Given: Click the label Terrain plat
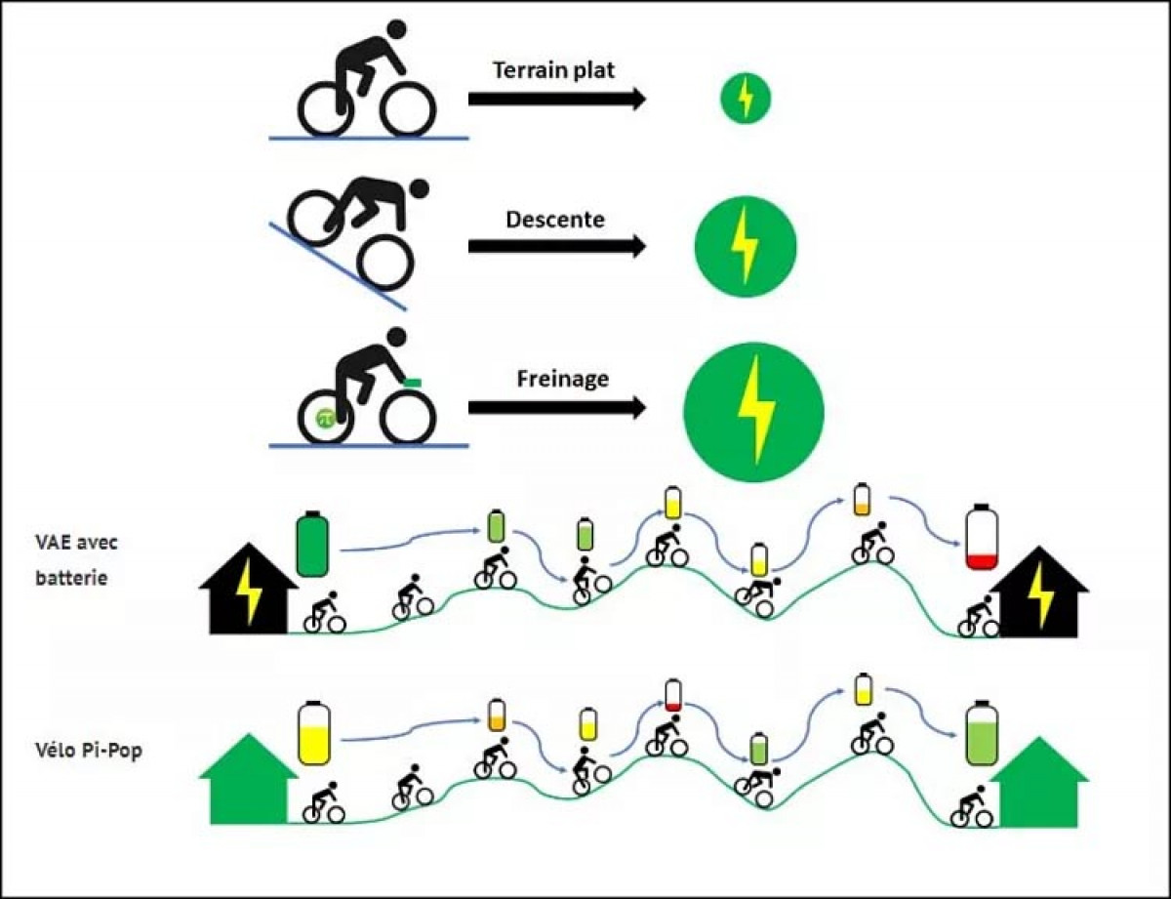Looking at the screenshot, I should click(x=554, y=70).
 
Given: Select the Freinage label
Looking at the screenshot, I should click(x=561, y=378).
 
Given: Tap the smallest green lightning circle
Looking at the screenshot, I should click(x=746, y=99).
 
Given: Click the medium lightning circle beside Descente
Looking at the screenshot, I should click(x=746, y=248).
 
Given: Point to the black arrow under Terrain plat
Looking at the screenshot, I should click(x=556, y=99).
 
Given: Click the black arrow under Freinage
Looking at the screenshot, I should click(x=556, y=408).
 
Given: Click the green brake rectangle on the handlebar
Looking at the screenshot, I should click(x=412, y=381).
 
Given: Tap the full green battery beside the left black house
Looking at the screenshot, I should click(x=313, y=543).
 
